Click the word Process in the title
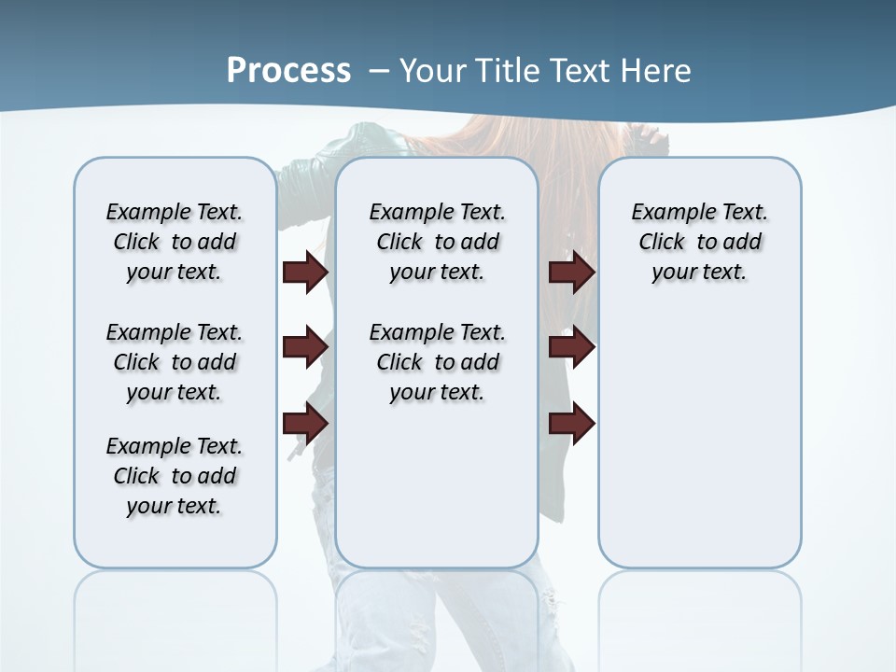pyautogui.click(x=288, y=70)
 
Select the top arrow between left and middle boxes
pyautogui.click(x=305, y=273)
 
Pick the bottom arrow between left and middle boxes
pyautogui.click(x=305, y=423)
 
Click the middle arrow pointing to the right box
pyautogui.click(x=571, y=348)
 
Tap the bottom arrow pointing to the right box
pyautogui.click(x=571, y=423)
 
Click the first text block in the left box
pyautogui.click(x=175, y=242)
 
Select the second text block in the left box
pyautogui.click(x=175, y=362)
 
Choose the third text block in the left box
pyautogui.click(x=175, y=476)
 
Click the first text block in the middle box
pyautogui.click(x=437, y=242)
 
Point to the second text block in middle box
pyautogui.click(x=437, y=362)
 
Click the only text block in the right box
pyautogui.click(x=699, y=242)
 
